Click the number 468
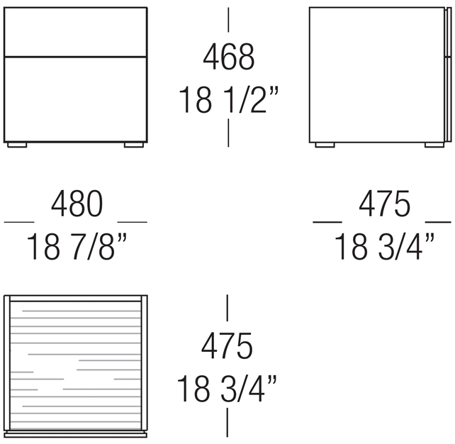pos(229,57)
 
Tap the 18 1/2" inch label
pos(229,99)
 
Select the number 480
pos(77,204)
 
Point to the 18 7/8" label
pos(77,247)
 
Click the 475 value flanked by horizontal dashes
pos(385,204)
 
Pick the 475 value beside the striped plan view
pos(227,346)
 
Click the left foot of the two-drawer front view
pos(17,145)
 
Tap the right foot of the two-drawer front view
pos(134,145)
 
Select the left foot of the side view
pos(325,145)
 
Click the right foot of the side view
pos(434,145)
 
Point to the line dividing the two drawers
pos(75,56)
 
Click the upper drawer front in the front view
pos(75,32)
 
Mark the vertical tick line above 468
pos(228,20)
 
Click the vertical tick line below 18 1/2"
pos(228,133)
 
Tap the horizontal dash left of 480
pos(19,223)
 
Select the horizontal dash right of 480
pos(132,223)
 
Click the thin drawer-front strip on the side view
pos(449,74)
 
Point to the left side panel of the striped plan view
pos(7,362)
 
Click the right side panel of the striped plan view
pos(144,362)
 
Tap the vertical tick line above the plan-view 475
pos(227,308)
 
